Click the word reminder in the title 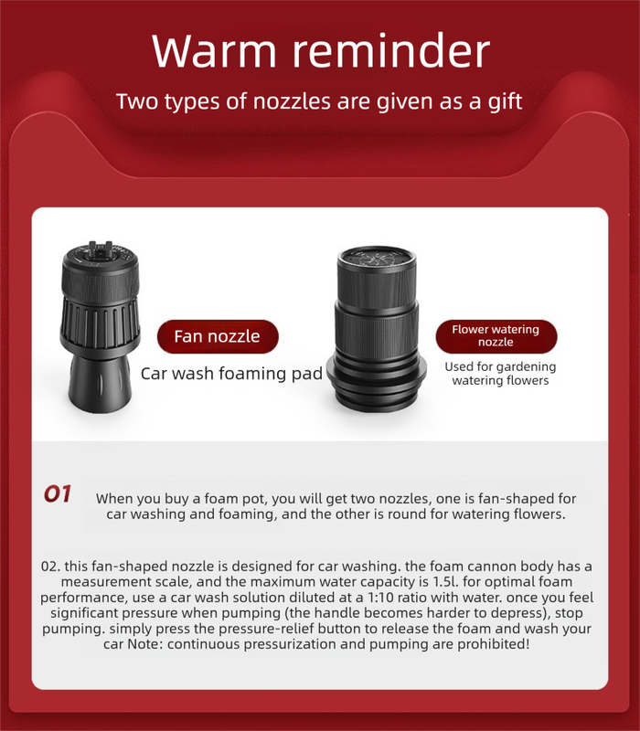point(391,50)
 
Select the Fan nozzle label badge point(218,336)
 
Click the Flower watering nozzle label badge point(496,336)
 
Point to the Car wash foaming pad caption point(231,374)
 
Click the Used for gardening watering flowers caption point(500,374)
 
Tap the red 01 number point(58,494)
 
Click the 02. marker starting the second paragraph point(50,567)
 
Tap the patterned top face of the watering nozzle point(377,258)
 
